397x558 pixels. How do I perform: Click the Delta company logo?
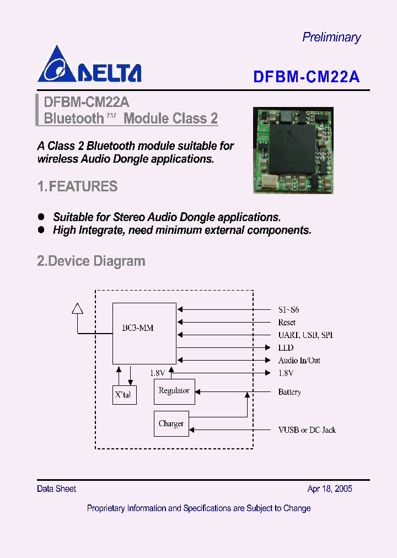[x=89, y=65]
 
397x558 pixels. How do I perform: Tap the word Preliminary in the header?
[x=331, y=37]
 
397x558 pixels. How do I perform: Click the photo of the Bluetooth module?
[x=293, y=150]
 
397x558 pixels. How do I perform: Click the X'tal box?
[x=125, y=394]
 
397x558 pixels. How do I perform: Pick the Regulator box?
[x=174, y=391]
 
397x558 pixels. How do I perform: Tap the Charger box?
[x=171, y=423]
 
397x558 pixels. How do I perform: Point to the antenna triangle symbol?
[x=78, y=308]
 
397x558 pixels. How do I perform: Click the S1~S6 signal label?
[x=288, y=310]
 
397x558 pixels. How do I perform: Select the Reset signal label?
[x=287, y=323]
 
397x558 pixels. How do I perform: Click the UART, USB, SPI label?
[x=305, y=335]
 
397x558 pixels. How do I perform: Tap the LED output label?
[x=286, y=348]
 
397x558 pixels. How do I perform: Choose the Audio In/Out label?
[x=299, y=361]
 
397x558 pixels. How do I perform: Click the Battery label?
[x=289, y=392]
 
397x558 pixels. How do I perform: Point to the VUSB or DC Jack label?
[x=307, y=430]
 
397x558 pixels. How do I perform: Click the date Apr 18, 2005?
[x=330, y=489]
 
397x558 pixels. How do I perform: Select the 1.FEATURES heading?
[x=77, y=187]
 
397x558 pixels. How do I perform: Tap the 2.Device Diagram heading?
[x=91, y=261]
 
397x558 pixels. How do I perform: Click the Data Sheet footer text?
[x=56, y=489]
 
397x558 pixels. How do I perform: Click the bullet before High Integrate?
[x=41, y=230]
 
